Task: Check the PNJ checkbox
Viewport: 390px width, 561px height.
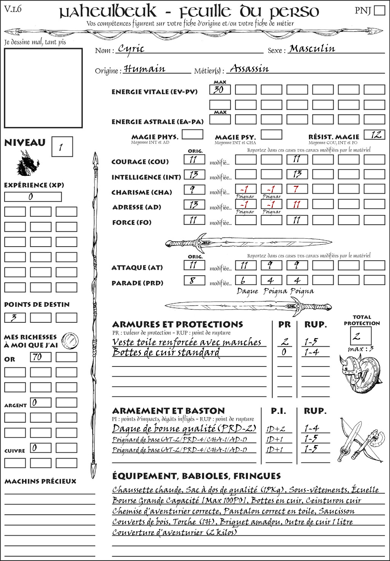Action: (x=379, y=10)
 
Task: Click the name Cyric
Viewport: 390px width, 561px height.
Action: (x=131, y=48)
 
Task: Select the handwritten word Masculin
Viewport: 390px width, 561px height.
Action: (x=312, y=48)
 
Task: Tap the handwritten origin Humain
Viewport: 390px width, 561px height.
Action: (x=144, y=69)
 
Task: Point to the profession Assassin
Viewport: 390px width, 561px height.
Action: (x=249, y=69)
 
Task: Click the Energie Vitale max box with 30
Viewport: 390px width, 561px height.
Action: (x=220, y=90)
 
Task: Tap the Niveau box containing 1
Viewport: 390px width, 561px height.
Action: (x=62, y=147)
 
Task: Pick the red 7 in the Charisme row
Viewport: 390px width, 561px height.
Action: (x=297, y=189)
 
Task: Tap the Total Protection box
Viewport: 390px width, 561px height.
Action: (x=361, y=336)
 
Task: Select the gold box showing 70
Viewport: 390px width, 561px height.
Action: (x=41, y=357)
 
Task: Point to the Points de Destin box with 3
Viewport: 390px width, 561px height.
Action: (x=15, y=317)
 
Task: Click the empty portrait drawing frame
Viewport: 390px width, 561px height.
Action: (x=43, y=88)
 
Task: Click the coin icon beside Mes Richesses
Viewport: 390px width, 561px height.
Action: (x=70, y=340)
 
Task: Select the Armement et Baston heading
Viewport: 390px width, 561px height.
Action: (x=168, y=411)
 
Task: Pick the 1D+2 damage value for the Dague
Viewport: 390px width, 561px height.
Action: (x=275, y=429)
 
